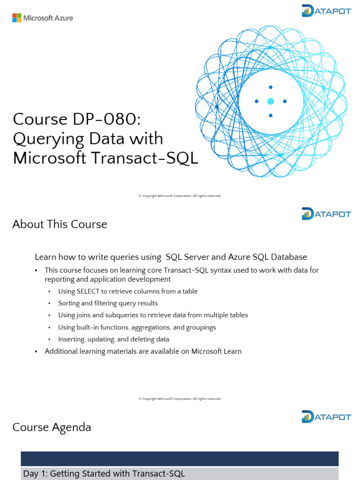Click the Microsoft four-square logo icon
[x=17, y=18]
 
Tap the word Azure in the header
[x=64, y=18]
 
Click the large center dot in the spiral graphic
[x=270, y=101]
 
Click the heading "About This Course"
[x=60, y=224]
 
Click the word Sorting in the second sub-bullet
[x=68, y=303]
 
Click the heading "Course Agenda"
[x=52, y=427]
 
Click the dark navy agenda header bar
[x=180, y=458]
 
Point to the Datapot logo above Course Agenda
[x=327, y=417]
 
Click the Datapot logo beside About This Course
[x=327, y=214]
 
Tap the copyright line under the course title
[x=180, y=195]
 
